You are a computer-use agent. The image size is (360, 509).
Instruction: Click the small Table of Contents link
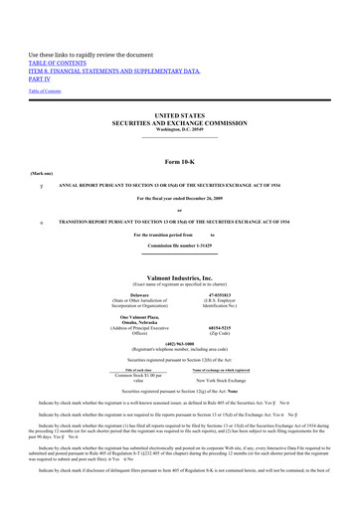click(x=44, y=90)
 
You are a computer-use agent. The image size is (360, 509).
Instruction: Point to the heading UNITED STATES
click(x=179, y=115)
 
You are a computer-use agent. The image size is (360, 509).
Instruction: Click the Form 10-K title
click(x=179, y=161)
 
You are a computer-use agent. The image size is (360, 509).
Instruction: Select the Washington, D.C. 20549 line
click(x=179, y=130)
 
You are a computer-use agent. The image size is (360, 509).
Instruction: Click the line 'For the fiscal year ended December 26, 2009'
click(x=179, y=199)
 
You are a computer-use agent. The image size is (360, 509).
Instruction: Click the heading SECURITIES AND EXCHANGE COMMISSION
click(x=179, y=123)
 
